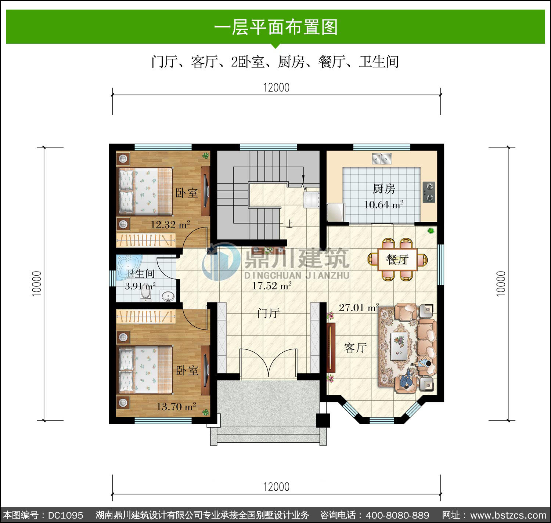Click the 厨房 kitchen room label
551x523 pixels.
coord(384,189)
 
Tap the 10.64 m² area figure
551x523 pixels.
coord(383,205)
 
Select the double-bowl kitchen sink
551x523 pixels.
coord(381,159)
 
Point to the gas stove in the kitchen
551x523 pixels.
coord(429,192)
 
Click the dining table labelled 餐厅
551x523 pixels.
coord(397,259)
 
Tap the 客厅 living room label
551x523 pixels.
coord(355,348)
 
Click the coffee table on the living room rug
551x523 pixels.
coord(399,346)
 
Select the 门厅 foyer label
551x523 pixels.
coord(268,313)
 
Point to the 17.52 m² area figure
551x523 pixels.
coord(271,286)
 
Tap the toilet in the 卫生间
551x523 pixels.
coord(145,293)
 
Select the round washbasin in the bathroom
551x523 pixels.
coord(168,296)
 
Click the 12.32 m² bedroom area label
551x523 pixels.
coord(170,225)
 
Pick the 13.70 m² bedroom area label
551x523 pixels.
coord(176,407)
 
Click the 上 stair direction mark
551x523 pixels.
coord(289,224)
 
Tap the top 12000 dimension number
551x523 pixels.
coord(276,88)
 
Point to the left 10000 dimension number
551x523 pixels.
coord(37,283)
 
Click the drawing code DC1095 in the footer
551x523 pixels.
coord(66,515)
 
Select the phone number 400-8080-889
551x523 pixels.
coord(397,515)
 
